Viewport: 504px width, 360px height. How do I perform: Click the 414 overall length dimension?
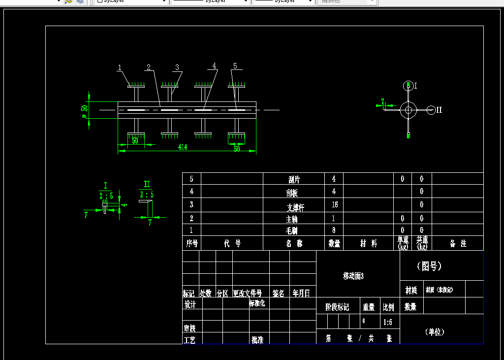tap(183, 147)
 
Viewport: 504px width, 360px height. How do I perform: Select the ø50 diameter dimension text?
tap(85, 112)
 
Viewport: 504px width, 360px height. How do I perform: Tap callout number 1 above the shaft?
tap(119, 67)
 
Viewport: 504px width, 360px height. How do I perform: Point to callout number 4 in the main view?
tap(214, 65)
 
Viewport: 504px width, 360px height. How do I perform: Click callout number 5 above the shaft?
tap(235, 65)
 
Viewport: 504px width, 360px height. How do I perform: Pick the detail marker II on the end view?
tap(439, 110)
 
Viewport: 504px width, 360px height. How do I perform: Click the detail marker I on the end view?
tap(415, 86)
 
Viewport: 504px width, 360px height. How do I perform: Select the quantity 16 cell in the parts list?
tap(334, 204)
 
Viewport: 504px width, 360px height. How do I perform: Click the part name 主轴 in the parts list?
tap(292, 219)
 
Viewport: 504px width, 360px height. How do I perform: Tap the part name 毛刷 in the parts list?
tap(292, 230)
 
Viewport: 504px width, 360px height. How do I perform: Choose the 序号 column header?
tap(192, 243)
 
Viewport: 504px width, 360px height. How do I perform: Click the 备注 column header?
tap(458, 243)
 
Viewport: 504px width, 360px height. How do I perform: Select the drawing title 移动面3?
tap(353, 276)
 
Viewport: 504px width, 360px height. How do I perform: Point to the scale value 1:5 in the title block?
tap(388, 323)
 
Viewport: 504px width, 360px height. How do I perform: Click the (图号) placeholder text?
tap(429, 266)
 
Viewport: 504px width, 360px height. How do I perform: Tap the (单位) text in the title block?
tap(435, 332)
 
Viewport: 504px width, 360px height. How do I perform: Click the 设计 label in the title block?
tap(190, 304)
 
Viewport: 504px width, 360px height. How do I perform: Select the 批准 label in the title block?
tap(257, 340)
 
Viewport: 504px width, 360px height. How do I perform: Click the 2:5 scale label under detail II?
tap(146, 194)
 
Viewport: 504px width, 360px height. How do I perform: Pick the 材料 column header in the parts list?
tap(368, 243)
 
